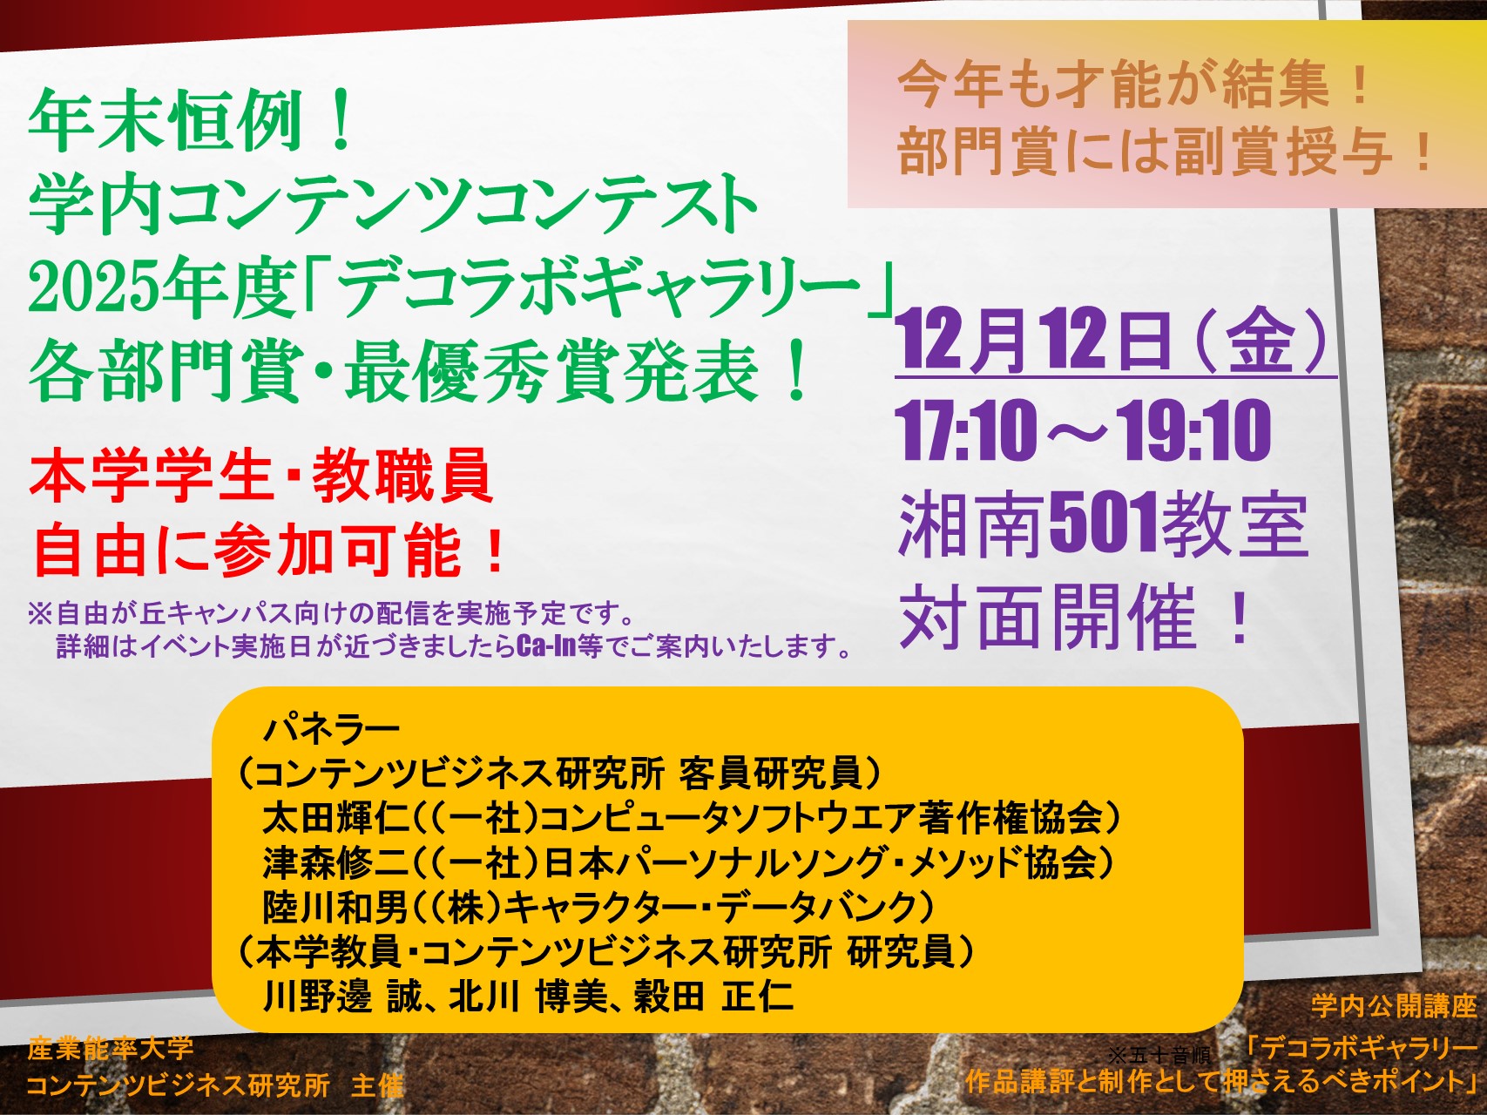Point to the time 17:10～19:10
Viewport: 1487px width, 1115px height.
pos(1084,430)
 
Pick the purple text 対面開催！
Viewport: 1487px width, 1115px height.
pos(1077,617)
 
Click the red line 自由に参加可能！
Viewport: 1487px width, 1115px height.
pos(268,551)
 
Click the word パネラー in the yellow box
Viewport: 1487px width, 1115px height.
pos(330,727)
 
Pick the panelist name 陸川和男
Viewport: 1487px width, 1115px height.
pos(335,907)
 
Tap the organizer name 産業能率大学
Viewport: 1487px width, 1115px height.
pos(111,1047)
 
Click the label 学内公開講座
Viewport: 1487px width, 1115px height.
pos(1394,1005)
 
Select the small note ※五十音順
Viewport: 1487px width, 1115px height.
pos(1159,1055)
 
